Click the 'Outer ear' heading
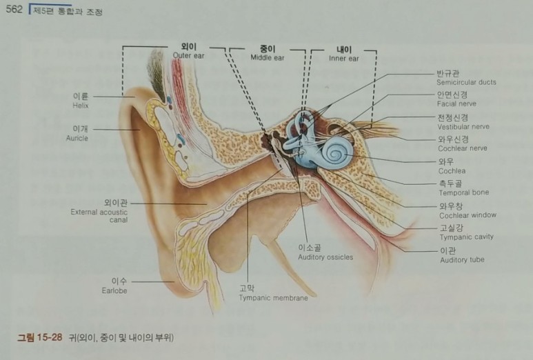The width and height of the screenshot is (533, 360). [189, 56]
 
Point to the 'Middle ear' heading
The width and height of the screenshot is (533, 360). [268, 58]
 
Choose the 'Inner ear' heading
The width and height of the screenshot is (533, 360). [343, 59]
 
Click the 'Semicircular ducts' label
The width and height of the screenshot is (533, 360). [465, 82]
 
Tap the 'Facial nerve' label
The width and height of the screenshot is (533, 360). [456, 103]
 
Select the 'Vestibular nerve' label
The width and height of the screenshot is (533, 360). [463, 127]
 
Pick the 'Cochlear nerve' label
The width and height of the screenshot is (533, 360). [461, 148]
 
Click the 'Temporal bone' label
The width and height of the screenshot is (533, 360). [463, 192]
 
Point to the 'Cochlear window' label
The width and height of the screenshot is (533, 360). [467, 215]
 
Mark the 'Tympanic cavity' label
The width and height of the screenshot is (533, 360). [466, 237]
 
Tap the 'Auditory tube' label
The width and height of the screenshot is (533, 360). [461, 259]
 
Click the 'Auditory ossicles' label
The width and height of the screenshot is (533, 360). [325, 257]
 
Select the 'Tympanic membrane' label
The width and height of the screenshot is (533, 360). [273, 298]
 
